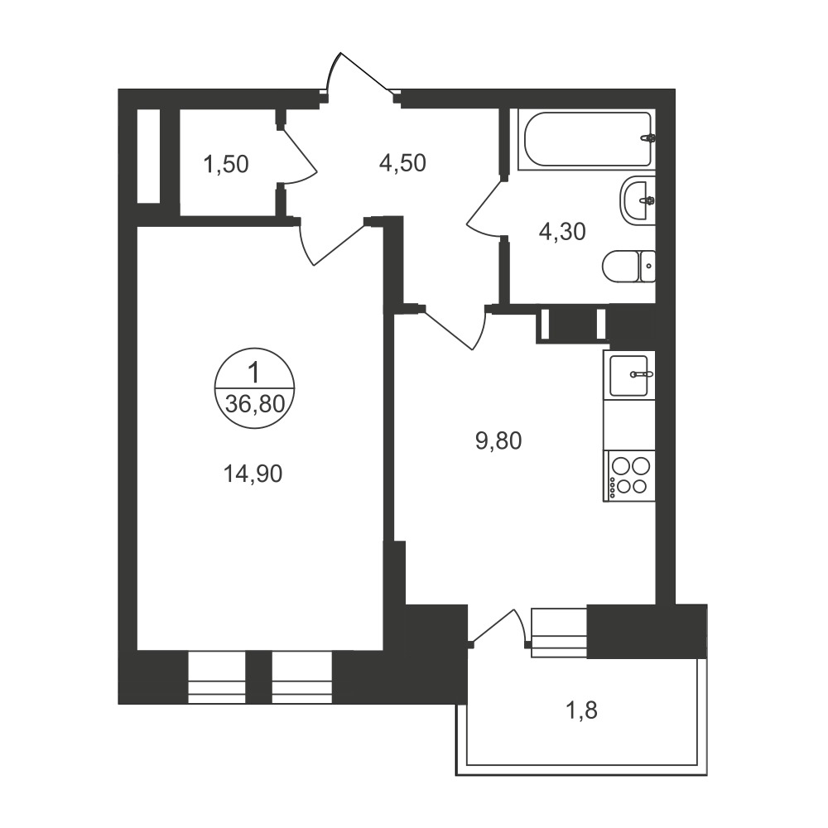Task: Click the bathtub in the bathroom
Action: coord(586,139)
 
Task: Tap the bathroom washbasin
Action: coord(638,200)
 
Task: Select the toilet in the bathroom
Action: coord(629,266)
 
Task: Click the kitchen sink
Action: coord(628,375)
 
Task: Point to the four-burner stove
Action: coord(629,476)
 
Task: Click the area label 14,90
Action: coord(253,474)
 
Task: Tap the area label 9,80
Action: coord(498,440)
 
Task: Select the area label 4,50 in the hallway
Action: coord(402,163)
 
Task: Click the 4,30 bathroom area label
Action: coord(562,231)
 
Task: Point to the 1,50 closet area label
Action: coord(225,164)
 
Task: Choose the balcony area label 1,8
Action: coord(581,710)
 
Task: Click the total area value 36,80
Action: coord(255,405)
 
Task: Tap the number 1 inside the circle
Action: coord(254,373)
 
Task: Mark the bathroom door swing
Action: coord(484,209)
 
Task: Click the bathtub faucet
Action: coord(648,138)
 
